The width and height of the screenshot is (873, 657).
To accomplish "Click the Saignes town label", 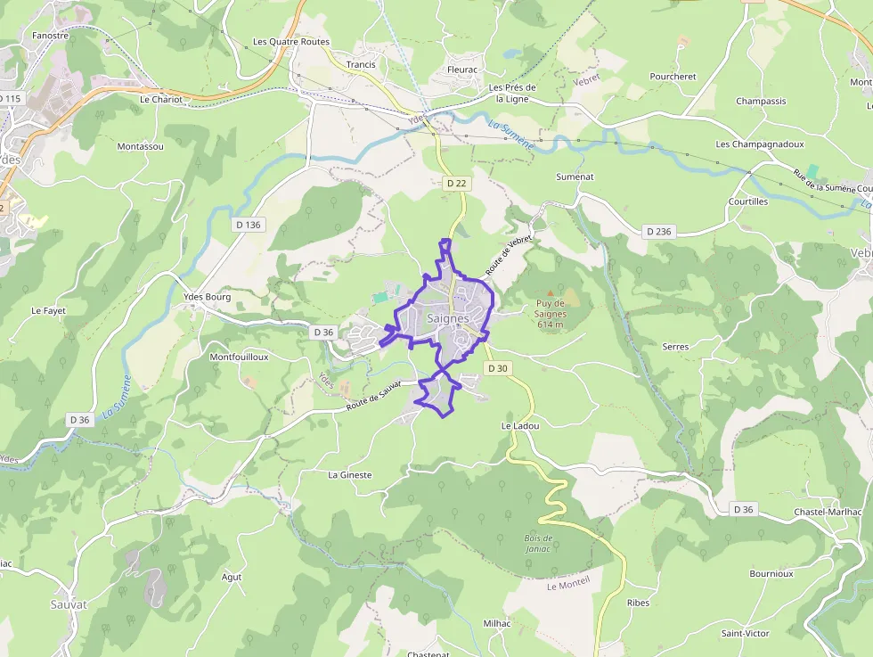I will tap(448, 318).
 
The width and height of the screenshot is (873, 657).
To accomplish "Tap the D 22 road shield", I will tap(456, 183).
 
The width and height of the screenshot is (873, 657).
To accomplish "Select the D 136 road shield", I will tap(249, 225).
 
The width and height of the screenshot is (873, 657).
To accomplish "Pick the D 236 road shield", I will tap(658, 232).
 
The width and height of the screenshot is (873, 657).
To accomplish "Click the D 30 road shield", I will tap(497, 368).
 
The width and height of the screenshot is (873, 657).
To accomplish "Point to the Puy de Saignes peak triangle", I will tap(550, 292).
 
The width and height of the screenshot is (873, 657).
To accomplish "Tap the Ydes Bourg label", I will tap(207, 297).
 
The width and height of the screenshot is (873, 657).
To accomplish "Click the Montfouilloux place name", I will tap(239, 357).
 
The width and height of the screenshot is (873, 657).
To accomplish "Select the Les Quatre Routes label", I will tap(291, 42).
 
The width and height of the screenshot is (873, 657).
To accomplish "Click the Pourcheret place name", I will tap(673, 77).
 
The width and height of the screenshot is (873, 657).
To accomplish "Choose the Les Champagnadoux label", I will tap(760, 144).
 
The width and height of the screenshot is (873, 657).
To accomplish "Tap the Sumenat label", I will tap(575, 177).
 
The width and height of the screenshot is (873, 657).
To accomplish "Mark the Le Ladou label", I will tap(520, 426).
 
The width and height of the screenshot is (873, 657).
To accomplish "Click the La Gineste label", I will tap(350, 475).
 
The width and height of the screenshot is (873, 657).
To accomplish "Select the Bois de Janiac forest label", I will tap(539, 544).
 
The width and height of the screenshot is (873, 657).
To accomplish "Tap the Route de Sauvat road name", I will tap(374, 397).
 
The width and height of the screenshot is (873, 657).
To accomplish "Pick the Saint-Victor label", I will tap(746, 633).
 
